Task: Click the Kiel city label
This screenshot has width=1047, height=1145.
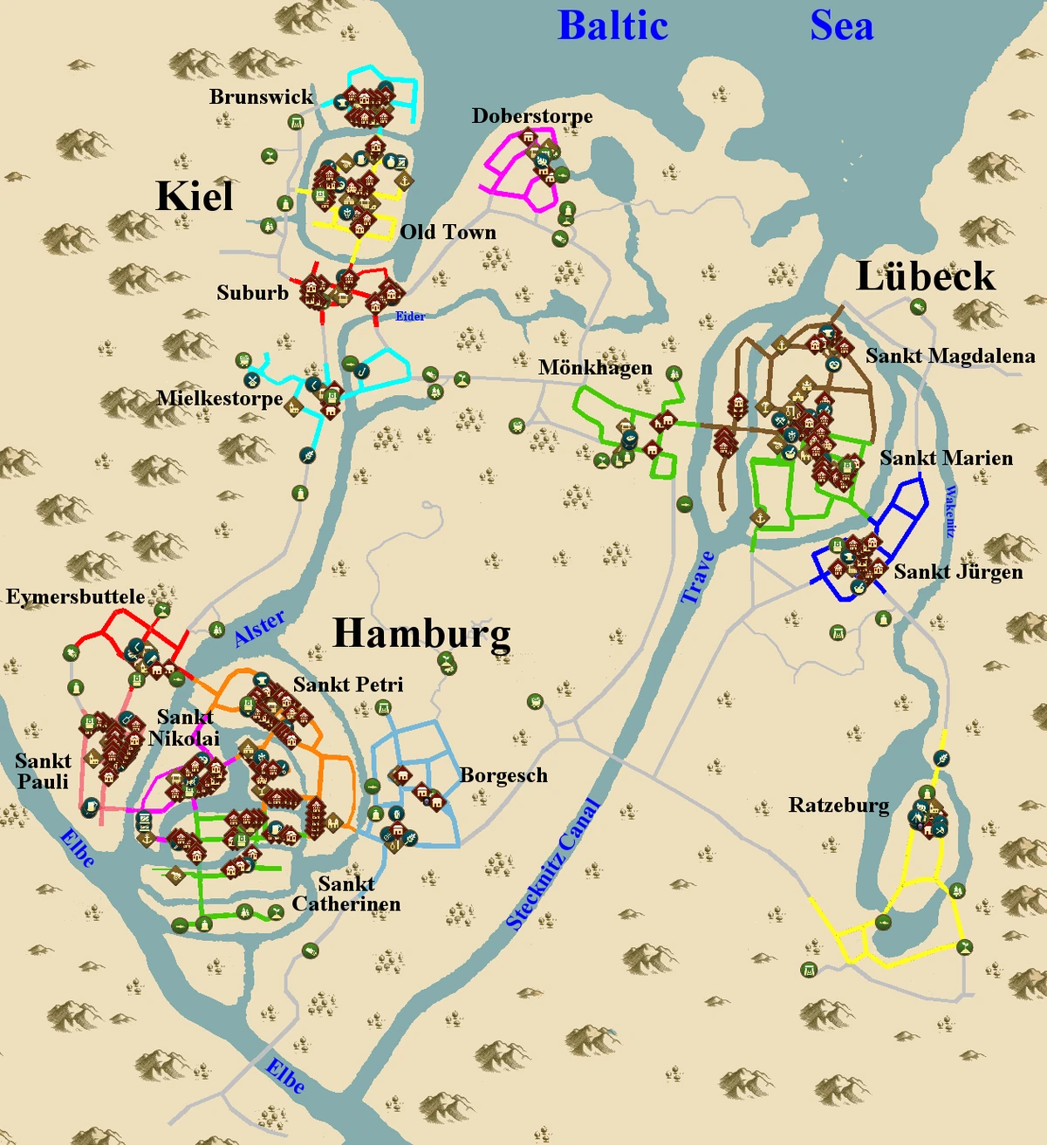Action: click(195, 196)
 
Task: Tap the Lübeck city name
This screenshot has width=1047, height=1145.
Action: click(925, 277)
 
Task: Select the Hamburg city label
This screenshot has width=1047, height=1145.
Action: click(422, 634)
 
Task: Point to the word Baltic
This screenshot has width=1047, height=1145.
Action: click(612, 25)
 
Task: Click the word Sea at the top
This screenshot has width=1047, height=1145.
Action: click(841, 25)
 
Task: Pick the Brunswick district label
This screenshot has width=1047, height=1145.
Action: click(261, 97)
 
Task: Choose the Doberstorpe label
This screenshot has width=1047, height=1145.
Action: click(532, 116)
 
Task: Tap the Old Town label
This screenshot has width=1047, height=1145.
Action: click(448, 232)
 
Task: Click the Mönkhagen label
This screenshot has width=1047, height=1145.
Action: click(595, 367)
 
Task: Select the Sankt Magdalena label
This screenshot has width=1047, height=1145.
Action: click(950, 356)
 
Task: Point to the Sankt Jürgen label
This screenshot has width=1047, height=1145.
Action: click(958, 572)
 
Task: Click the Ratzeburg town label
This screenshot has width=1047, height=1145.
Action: click(838, 805)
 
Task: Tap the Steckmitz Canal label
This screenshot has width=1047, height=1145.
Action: click(552, 864)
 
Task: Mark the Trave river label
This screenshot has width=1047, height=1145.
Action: click(698, 577)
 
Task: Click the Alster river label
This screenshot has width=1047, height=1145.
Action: click(260, 628)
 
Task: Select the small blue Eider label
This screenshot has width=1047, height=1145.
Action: click(410, 317)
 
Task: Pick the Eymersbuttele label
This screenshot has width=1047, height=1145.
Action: click(76, 597)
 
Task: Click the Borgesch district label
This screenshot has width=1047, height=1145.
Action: click(503, 775)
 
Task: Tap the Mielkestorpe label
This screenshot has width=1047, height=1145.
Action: click(219, 399)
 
